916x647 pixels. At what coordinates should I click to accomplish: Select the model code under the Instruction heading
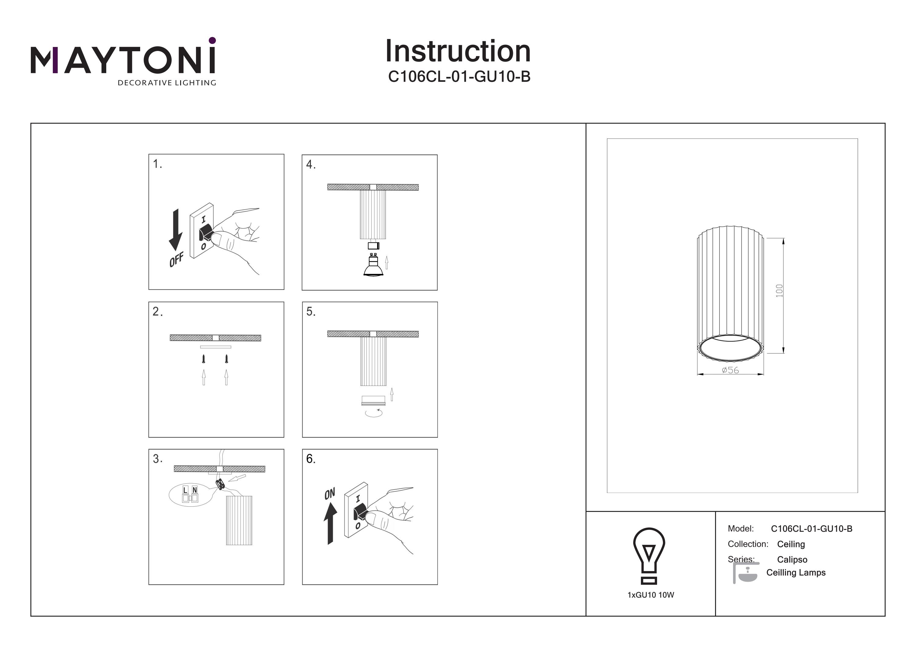pos(459,77)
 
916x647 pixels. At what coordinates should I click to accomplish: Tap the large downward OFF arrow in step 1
pos(176,230)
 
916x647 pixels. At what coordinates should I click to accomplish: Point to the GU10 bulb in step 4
pos(373,265)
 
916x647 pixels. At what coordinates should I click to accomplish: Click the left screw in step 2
pos(204,359)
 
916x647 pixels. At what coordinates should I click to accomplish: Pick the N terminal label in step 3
pos(195,490)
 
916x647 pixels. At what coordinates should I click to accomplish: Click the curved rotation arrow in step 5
pos(373,413)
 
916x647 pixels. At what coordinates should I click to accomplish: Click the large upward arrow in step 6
pos(330,523)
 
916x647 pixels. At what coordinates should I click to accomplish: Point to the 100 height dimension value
pos(779,291)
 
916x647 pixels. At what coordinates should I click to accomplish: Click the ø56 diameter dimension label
pos(730,370)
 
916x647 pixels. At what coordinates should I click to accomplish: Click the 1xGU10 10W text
pos(651,595)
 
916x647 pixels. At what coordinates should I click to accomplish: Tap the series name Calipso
pos(792,560)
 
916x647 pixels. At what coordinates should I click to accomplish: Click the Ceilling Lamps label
pos(796,573)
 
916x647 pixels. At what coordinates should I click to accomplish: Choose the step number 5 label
pos(311,312)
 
